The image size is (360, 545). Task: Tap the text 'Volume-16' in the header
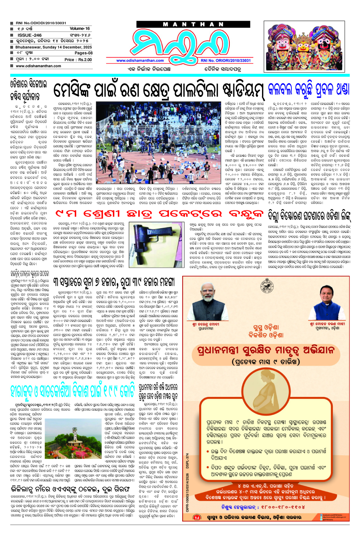coord(80,29)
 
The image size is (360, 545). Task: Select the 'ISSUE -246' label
coord(30,35)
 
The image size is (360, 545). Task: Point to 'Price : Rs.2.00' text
coord(78,60)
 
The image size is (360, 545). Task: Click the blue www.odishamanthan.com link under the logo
coord(140,61)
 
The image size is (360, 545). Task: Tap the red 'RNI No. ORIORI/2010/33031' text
coord(226,61)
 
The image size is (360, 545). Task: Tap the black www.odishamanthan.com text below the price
coord(38,66)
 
